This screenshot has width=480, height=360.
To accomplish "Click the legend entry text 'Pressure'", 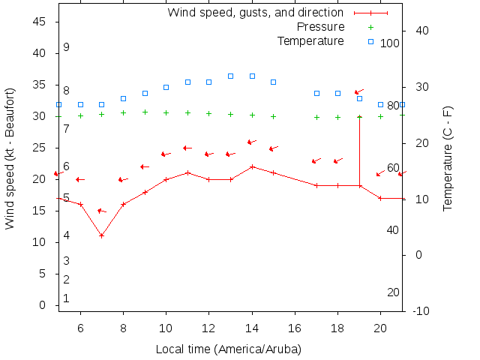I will click(x=321, y=27).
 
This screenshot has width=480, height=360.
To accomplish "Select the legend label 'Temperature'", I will click(x=310, y=40).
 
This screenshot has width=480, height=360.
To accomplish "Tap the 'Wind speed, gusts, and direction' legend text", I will click(x=255, y=13).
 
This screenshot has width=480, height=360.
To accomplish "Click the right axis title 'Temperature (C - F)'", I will click(x=448, y=159).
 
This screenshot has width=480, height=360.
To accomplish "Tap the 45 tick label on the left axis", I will click(x=40, y=22).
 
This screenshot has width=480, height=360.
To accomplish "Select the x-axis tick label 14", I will click(x=252, y=327).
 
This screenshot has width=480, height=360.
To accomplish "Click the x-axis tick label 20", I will click(x=380, y=327).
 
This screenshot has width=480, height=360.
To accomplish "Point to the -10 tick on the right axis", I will click(x=421, y=311).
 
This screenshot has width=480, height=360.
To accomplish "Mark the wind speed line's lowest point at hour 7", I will click(x=101, y=235).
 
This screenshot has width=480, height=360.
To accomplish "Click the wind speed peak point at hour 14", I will click(x=252, y=166).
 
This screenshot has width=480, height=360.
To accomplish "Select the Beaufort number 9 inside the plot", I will click(x=66, y=47).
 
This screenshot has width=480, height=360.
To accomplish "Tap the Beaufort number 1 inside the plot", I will click(x=66, y=298).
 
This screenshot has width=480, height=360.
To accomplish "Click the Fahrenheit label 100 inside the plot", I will click(x=390, y=43).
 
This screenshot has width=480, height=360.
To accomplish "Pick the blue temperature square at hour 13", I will click(x=230, y=76).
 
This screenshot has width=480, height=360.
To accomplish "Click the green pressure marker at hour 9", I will click(x=145, y=112).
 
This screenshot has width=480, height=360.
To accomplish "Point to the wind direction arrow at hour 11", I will click(x=187, y=148).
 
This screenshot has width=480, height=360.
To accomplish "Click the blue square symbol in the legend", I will click(x=370, y=40).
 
